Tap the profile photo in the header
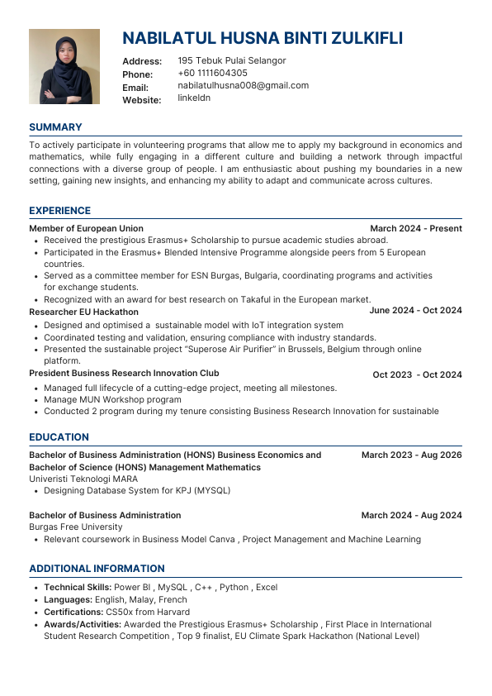coord(64,66)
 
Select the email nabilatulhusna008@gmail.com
coord(243,85)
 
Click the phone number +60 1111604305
coord(212,73)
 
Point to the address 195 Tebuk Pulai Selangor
coord(232,60)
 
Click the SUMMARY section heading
coord(55,127)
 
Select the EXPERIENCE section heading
coord(59,211)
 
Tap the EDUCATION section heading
coord(59,437)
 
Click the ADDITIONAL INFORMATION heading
coord(97,569)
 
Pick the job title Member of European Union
coord(86,228)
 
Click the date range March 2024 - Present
coord(415,228)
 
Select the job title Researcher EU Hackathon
coord(83,312)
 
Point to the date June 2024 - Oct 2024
coord(415,311)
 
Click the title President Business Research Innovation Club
coord(124,373)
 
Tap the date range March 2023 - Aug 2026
coord(411,455)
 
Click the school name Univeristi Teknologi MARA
coord(83,479)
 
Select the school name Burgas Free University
coord(75,527)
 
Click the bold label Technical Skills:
coord(78,587)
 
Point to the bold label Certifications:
coord(75,612)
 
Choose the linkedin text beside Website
coord(194,98)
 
